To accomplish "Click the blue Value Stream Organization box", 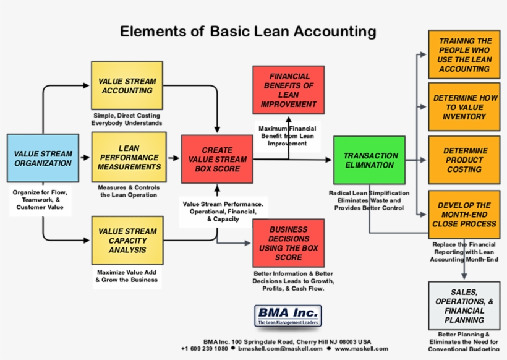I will pos(43,158).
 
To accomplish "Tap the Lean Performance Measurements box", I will pos(128,158).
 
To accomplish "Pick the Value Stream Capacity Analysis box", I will pos(127,241).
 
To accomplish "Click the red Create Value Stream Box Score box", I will pos(217,159).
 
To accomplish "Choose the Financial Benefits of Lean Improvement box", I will pos(288,90).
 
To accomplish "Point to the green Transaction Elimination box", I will pos(369,160).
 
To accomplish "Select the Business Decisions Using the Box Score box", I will pos(288,243).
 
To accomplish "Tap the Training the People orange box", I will pos(464,54).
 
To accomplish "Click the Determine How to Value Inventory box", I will pos(464,107).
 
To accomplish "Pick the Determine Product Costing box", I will pos(464,160).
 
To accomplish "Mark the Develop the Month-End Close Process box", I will pos(464,214).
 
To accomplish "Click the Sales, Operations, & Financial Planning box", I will pos(464,306).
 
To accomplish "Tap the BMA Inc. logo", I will pos(288,315).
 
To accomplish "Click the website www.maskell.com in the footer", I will pos(361,349).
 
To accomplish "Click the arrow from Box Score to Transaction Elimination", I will pos(291,160).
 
